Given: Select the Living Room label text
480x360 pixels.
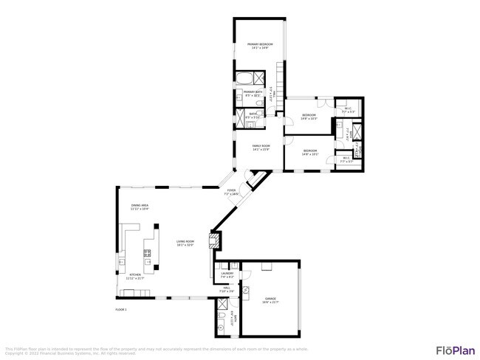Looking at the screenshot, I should tap(185, 241).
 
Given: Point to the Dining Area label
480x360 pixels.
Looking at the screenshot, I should tap(140, 205).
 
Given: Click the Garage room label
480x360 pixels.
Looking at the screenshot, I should tap(271, 299).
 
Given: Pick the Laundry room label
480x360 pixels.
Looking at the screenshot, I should tap(227, 274).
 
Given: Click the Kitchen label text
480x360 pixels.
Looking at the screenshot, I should tap(134, 274).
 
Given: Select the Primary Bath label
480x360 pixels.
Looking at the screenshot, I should tap(253, 91).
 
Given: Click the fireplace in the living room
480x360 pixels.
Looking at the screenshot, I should tap(215, 240).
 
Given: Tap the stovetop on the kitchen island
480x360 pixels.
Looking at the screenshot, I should tap(148, 254).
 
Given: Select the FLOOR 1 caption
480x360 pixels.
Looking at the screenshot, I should tap(123, 308).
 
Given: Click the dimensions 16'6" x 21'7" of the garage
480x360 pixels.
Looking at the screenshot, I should tap(271, 302).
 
